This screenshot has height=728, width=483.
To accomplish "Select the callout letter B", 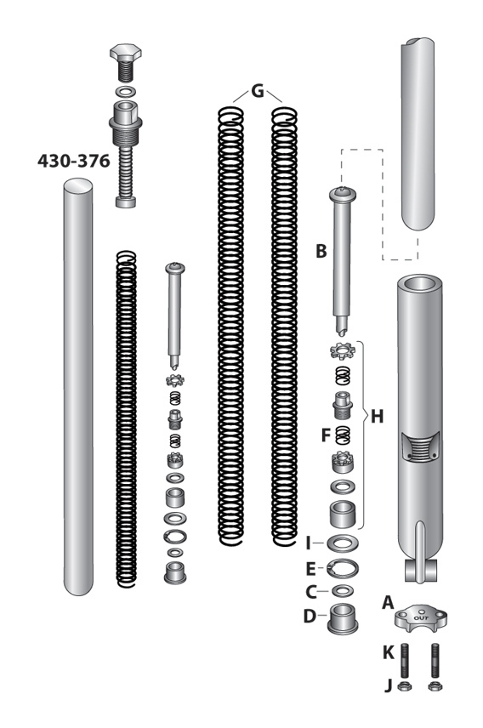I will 321,252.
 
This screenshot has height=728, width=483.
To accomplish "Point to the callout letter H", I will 377,417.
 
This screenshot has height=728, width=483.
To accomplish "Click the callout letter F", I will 326,435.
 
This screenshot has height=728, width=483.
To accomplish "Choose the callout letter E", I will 311,567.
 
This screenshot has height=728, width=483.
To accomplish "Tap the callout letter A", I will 389,601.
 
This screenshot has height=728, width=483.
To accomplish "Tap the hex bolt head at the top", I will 128,62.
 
